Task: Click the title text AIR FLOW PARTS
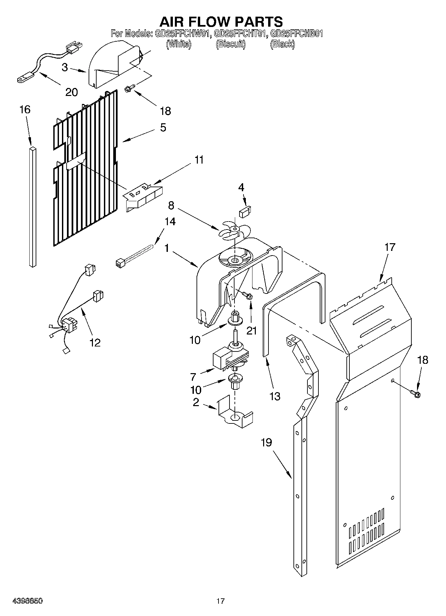click(x=221, y=22)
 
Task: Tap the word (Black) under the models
click(x=282, y=44)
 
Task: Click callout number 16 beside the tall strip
click(x=25, y=109)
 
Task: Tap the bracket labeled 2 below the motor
click(x=235, y=415)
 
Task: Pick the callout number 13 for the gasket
click(x=275, y=396)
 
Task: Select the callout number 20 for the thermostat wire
click(x=71, y=92)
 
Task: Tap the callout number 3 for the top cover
click(x=65, y=67)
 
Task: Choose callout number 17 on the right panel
click(x=390, y=247)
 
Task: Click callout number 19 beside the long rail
click(x=266, y=442)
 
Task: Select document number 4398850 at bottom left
click(x=27, y=601)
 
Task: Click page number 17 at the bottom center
click(x=220, y=601)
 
